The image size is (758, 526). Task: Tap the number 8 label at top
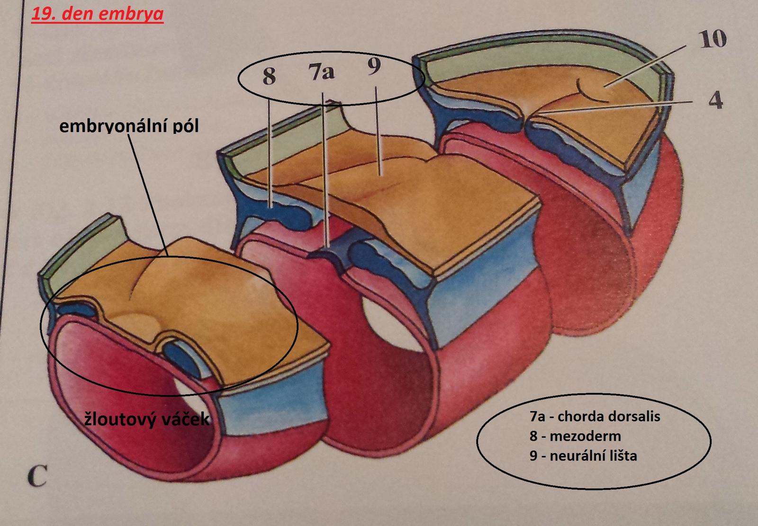pyautogui.click(x=269, y=75)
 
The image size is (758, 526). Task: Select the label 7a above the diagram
pyautogui.click(x=321, y=72)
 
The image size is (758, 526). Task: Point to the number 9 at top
pyautogui.click(x=373, y=67)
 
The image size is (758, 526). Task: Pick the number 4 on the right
pyautogui.click(x=715, y=100)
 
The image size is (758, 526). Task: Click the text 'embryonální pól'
pyautogui.click(x=129, y=126)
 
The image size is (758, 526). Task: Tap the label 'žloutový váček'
pyautogui.click(x=147, y=419)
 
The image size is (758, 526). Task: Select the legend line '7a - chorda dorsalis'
pyautogui.click(x=595, y=416)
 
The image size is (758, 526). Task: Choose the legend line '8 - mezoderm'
pyautogui.click(x=575, y=436)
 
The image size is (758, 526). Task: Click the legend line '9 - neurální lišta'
pyautogui.click(x=584, y=455)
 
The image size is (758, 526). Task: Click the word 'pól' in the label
pyautogui.click(x=186, y=126)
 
